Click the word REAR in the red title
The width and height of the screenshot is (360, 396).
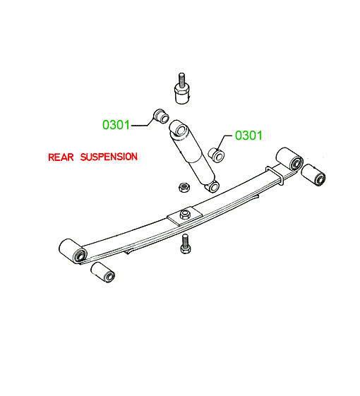pyautogui.click(x=61, y=157)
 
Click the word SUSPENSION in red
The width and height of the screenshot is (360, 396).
pyautogui.click(x=109, y=157)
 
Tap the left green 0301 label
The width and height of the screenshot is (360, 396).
pyautogui.click(x=116, y=125)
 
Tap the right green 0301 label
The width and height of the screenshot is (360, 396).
pyautogui.click(x=249, y=136)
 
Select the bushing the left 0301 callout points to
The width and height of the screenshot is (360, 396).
pyautogui.click(x=161, y=116)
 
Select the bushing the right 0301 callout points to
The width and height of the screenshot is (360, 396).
pyautogui.click(x=217, y=155)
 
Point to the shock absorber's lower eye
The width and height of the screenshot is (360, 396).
pyautogui.click(x=213, y=186)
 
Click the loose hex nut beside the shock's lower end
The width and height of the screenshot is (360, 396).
pyautogui.click(x=184, y=187)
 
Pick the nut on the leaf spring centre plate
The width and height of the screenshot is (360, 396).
pyautogui.click(x=184, y=215)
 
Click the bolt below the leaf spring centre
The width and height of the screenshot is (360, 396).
pyautogui.click(x=185, y=244)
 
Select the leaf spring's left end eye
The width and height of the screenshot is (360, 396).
pyautogui.click(x=73, y=251)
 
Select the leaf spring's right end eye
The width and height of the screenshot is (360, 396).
pyautogui.click(x=289, y=160)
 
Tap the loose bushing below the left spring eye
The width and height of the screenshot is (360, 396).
pyautogui.click(x=103, y=272)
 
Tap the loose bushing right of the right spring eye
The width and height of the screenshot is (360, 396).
pyautogui.click(x=313, y=175)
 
